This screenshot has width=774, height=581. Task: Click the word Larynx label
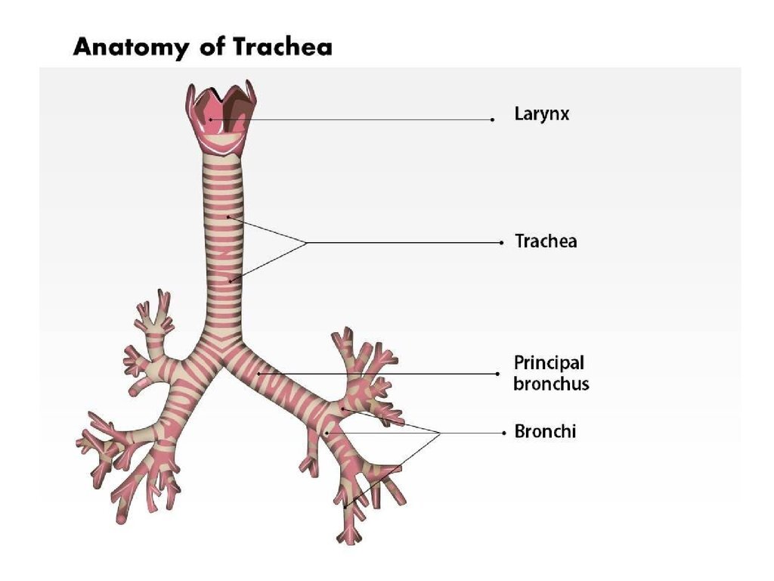coord(541,115)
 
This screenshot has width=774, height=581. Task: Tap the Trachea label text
coord(545,242)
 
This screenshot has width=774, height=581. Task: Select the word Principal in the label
coord(549,363)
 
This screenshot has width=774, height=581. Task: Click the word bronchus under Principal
coord(551,384)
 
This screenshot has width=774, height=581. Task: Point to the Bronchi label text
coord(545,433)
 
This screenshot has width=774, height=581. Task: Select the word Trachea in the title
coord(282,47)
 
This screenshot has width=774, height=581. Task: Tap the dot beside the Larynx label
coord(492,120)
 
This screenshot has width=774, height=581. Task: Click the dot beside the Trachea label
coord(502,243)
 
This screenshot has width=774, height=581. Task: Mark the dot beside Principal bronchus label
coord(497,374)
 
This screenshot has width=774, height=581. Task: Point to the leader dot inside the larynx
coord(210,120)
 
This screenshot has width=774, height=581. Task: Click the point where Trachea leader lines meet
coord(306,243)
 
